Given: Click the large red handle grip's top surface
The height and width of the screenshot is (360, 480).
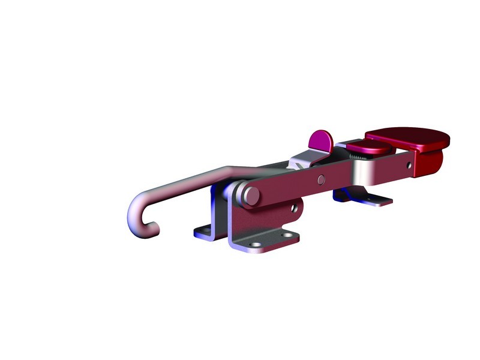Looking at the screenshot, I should [408, 139].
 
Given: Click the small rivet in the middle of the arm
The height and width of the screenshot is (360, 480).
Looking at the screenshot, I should [322, 178].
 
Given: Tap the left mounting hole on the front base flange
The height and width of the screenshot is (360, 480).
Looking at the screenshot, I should [257, 245].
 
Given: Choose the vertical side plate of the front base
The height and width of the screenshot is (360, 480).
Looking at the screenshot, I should [264, 219].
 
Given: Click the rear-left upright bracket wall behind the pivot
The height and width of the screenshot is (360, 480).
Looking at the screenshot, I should [216, 207].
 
